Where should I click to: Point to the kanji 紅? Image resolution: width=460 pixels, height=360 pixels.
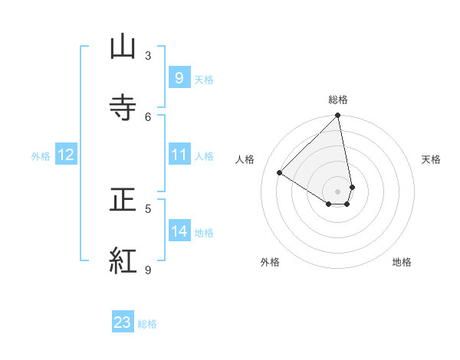click(123, 260)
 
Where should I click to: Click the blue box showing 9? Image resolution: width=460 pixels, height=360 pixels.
click(179, 78)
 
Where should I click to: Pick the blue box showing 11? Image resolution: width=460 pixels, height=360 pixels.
click(179, 155)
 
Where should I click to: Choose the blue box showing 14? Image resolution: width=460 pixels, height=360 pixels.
click(179, 232)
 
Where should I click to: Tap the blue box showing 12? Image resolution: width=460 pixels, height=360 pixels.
click(66, 155)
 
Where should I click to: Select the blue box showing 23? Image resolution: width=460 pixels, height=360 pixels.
click(123, 322)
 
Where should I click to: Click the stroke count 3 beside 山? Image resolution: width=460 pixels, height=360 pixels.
click(148, 55)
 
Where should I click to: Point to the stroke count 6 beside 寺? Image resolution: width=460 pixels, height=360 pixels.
click(148, 116)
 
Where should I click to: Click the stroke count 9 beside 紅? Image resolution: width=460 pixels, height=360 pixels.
click(148, 270)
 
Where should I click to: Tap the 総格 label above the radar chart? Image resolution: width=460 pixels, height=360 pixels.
click(338, 100)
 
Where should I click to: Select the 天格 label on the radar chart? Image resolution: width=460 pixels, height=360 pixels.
click(431, 159)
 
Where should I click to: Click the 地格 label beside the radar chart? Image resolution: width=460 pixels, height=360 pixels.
click(402, 262)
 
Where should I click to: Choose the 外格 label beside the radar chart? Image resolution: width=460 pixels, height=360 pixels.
click(270, 262)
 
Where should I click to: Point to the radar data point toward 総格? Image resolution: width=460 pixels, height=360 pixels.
click(337, 116)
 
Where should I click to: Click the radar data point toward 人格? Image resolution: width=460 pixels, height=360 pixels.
click(280, 173)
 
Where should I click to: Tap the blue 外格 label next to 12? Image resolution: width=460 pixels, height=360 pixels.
click(41, 156)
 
